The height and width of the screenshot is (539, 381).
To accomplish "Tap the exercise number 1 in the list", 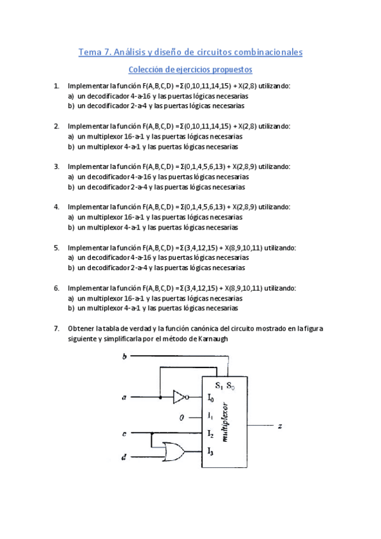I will (x=57, y=86).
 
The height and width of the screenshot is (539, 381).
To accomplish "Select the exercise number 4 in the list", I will (x=57, y=207).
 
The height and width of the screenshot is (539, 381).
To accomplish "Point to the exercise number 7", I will (x=57, y=329).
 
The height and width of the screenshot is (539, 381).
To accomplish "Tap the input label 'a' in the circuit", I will (x=124, y=399).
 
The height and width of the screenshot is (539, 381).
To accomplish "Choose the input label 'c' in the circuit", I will (x=124, y=434).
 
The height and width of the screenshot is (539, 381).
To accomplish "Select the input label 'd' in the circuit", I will (x=124, y=456).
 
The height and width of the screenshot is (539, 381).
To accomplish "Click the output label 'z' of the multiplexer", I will (x=280, y=426).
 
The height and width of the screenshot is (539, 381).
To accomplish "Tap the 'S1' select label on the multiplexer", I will (x=219, y=385).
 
